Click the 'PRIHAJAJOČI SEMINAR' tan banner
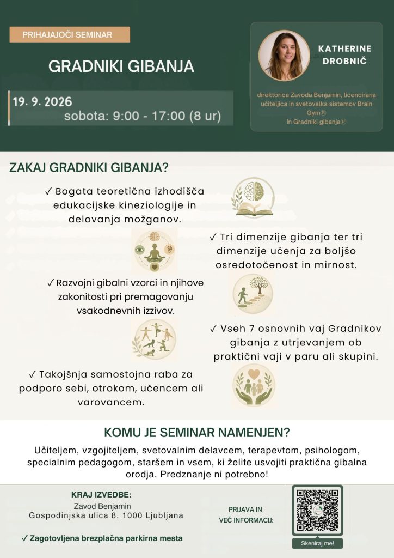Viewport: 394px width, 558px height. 70,34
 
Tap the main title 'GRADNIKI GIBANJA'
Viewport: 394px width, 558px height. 121,66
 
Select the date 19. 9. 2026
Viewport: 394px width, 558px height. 42,102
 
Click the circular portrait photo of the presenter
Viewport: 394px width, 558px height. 284,55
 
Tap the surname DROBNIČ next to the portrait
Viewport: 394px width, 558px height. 344,61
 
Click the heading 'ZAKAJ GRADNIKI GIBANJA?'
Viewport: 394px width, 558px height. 89,167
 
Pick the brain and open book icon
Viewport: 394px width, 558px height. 253,198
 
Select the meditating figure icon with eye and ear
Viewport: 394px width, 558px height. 154,250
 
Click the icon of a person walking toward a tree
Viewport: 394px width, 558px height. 253,294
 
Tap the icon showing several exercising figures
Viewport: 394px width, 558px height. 155,339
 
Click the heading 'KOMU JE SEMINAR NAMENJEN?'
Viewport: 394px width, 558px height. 197,432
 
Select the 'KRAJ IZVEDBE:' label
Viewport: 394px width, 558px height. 101,495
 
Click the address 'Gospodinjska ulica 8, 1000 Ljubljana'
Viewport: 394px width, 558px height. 106,515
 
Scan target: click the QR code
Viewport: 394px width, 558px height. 317,510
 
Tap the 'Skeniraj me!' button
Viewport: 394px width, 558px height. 317,543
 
